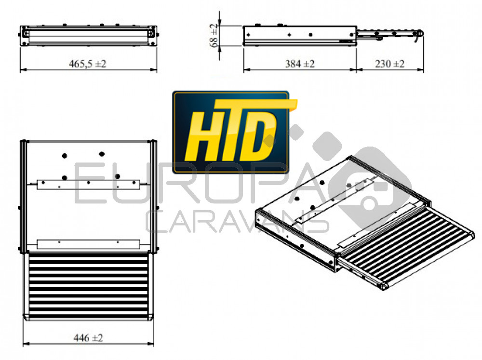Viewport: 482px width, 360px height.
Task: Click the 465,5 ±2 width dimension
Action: [x=88, y=64]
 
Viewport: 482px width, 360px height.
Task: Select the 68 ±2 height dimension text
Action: [x=214, y=35]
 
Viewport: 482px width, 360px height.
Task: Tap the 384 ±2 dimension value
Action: [x=300, y=64]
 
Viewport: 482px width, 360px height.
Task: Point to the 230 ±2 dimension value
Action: [x=389, y=64]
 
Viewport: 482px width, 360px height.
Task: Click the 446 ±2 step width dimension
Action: [x=88, y=338]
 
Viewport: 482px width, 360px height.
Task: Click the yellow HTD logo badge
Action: [x=231, y=132]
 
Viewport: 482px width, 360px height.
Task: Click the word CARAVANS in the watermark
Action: [x=237, y=222]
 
